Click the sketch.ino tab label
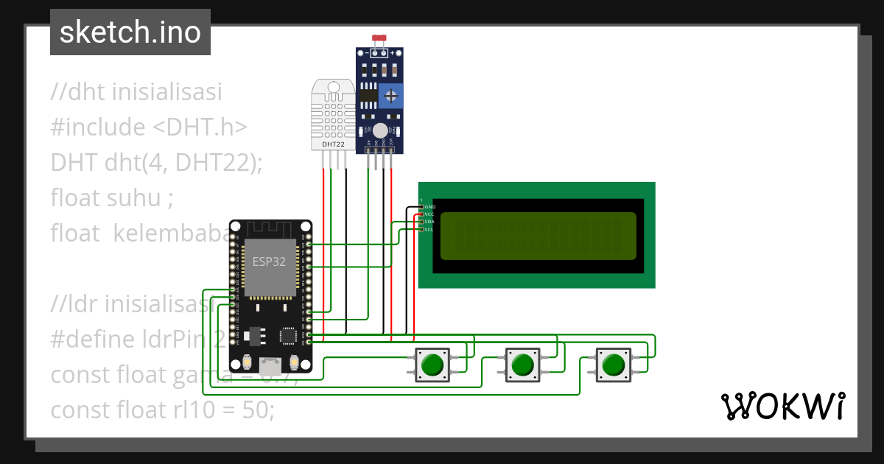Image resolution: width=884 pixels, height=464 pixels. click(x=130, y=32)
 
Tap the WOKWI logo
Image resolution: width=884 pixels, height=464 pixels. click(x=782, y=405)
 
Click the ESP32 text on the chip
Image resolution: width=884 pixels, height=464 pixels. click(x=270, y=261)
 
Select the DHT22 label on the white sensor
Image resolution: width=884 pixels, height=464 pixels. click(x=334, y=144)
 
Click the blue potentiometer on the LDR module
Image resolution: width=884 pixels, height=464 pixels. click(x=393, y=94)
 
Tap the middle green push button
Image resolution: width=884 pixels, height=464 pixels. click(x=522, y=364)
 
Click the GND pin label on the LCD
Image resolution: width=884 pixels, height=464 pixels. click(x=429, y=207)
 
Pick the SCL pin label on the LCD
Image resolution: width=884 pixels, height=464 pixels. click(x=429, y=229)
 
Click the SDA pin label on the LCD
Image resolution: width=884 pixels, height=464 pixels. click(x=429, y=222)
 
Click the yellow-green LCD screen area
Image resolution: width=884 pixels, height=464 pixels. click(x=538, y=236)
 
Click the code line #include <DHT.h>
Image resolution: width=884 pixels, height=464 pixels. click(x=148, y=127)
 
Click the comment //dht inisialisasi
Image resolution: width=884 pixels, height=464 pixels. click(x=136, y=92)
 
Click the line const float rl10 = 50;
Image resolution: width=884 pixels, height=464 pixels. click(x=162, y=409)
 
